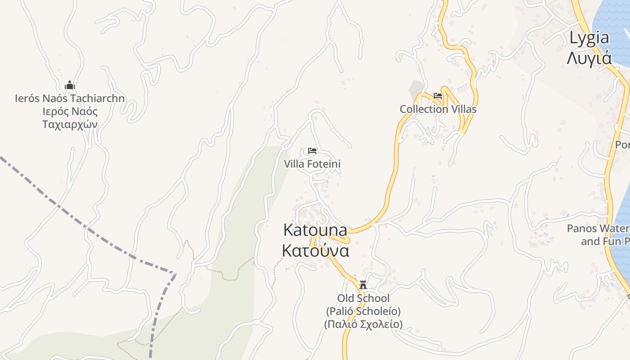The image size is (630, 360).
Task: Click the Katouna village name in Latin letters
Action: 315,230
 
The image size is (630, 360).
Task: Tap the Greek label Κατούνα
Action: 315,251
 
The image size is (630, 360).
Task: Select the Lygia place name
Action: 589,38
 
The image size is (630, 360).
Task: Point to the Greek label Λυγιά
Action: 589,58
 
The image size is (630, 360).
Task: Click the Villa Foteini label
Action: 312,164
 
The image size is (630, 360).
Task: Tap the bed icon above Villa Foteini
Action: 312,150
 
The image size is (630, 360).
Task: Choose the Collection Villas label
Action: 438,109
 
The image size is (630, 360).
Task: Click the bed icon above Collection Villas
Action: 438,96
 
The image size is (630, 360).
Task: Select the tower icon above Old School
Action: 363,285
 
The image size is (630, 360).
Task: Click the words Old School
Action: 363,298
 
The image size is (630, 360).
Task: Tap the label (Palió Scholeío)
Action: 363,311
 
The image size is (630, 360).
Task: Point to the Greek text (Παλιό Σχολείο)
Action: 363,324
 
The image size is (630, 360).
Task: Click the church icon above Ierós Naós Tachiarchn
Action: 70,85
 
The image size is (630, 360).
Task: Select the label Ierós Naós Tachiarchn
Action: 70,99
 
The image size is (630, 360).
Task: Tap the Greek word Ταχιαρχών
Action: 70,124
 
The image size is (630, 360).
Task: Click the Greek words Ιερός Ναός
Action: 70,112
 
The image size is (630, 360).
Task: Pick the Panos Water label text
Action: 598,228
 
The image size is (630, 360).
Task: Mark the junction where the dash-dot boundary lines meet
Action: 175,273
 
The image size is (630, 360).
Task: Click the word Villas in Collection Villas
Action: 463,109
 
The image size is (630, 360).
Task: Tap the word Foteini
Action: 324,164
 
